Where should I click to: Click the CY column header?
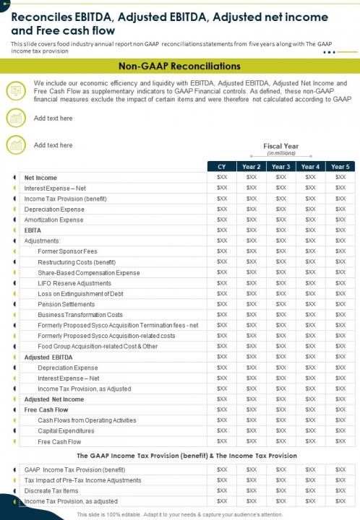click(x=222, y=167)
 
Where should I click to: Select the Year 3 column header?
click(x=280, y=167)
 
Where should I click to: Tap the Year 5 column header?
click(x=339, y=167)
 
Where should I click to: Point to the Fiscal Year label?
click(x=280, y=147)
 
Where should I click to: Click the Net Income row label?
click(x=40, y=178)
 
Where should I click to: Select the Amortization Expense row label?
click(x=53, y=220)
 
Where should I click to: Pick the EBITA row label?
click(x=33, y=230)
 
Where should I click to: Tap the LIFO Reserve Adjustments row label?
click(x=74, y=284)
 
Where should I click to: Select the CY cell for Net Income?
click(x=222, y=178)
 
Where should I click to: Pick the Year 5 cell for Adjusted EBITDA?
click(x=339, y=357)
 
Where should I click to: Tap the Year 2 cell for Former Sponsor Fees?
click(x=251, y=251)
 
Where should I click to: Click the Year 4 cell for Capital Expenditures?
click(x=310, y=431)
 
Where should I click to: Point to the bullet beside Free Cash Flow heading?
click(x=15, y=410)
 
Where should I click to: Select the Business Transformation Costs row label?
click(x=80, y=316)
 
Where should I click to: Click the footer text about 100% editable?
click(x=180, y=514)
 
